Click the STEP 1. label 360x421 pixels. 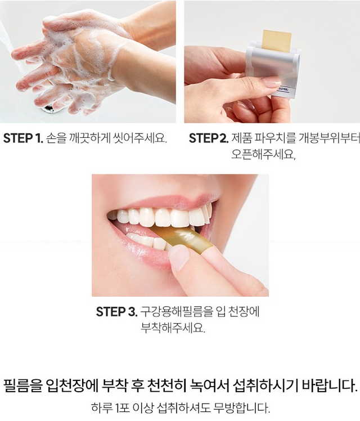coord(23,138)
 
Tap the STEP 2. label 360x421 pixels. coord(209,138)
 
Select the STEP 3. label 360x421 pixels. coord(116,312)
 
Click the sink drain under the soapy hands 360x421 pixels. coord(49,109)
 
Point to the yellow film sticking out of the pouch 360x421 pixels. coord(277,41)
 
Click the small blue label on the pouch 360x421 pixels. coord(283,89)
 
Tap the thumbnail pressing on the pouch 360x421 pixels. coord(272,82)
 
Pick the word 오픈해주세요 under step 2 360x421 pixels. coord(263,154)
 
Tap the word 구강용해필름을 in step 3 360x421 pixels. coord(177,312)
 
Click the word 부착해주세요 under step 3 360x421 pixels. coord(173,328)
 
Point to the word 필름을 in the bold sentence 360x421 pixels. coord(23,386)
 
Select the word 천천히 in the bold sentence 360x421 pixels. coord(167,386)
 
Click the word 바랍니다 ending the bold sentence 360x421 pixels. coord(330,386)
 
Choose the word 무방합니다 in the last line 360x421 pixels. coord(242,408)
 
